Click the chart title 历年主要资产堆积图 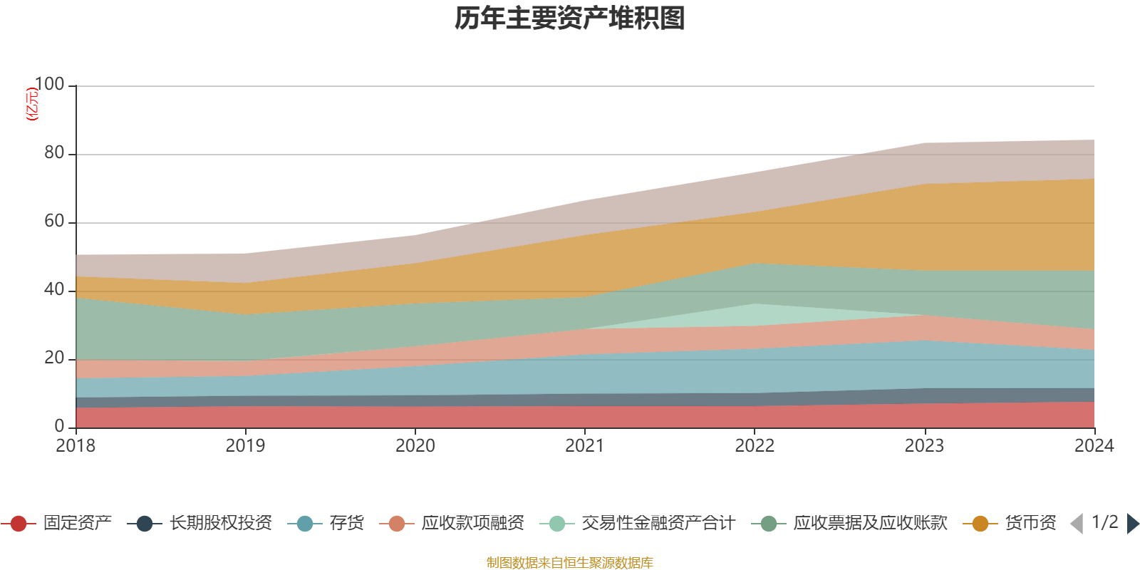click(570, 19)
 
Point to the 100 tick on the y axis click(49, 85)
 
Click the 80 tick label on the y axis click(53, 153)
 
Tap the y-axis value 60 click(53, 222)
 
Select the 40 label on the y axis click(53, 290)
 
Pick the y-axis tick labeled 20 click(53, 358)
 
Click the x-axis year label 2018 click(76, 446)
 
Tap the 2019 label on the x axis click(245, 446)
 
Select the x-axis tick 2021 click(584, 446)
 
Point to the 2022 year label click(755, 446)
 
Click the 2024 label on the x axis click(1094, 446)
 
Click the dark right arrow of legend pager click(1133, 524)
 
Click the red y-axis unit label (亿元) click(32, 104)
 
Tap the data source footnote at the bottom click(570, 563)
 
